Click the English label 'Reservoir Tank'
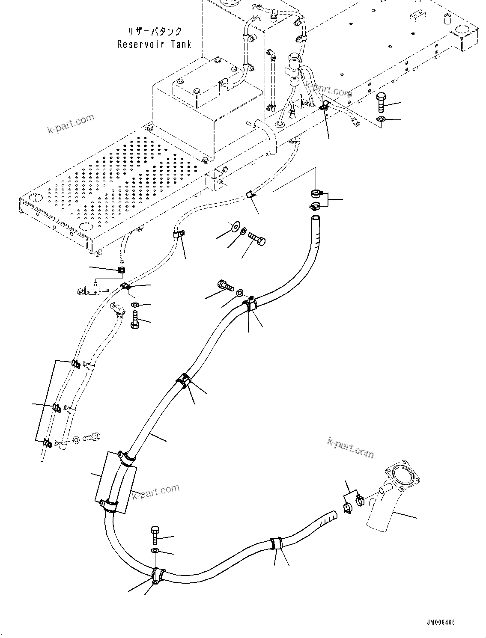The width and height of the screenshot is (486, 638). [154, 44]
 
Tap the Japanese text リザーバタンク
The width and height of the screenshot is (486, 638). [155, 32]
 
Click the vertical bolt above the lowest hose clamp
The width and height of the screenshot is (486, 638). [155, 536]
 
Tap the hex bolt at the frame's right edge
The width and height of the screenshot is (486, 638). [381, 103]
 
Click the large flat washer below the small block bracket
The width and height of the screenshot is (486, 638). [235, 226]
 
